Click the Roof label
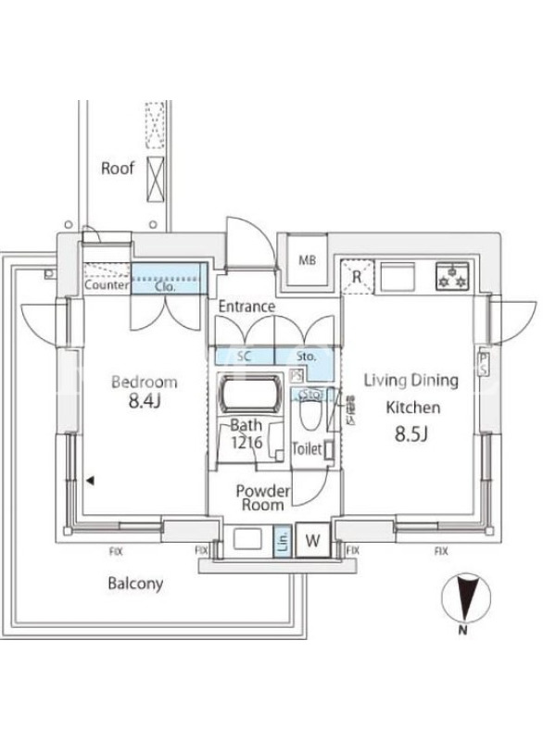(x=118, y=169)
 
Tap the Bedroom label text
(x=144, y=382)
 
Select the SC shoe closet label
(x=246, y=356)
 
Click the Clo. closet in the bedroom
(x=167, y=286)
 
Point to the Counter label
(x=106, y=286)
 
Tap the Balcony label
(x=135, y=584)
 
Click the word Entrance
(x=246, y=307)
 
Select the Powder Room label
(x=263, y=497)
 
